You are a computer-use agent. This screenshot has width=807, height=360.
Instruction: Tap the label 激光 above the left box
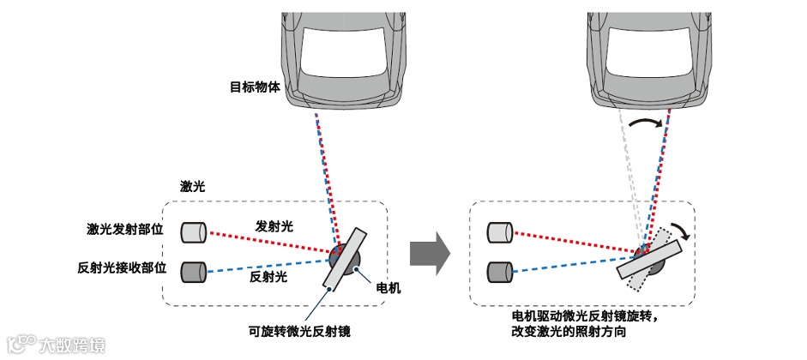click(191, 186)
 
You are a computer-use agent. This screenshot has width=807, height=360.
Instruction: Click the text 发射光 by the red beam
click(274, 226)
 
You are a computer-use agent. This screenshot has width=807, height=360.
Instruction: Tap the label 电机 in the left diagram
click(389, 289)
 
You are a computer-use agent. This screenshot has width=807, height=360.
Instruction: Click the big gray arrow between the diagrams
click(430, 254)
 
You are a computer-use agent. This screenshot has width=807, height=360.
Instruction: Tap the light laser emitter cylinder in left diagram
click(195, 231)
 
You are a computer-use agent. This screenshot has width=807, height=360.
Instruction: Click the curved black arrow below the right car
click(647, 125)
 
